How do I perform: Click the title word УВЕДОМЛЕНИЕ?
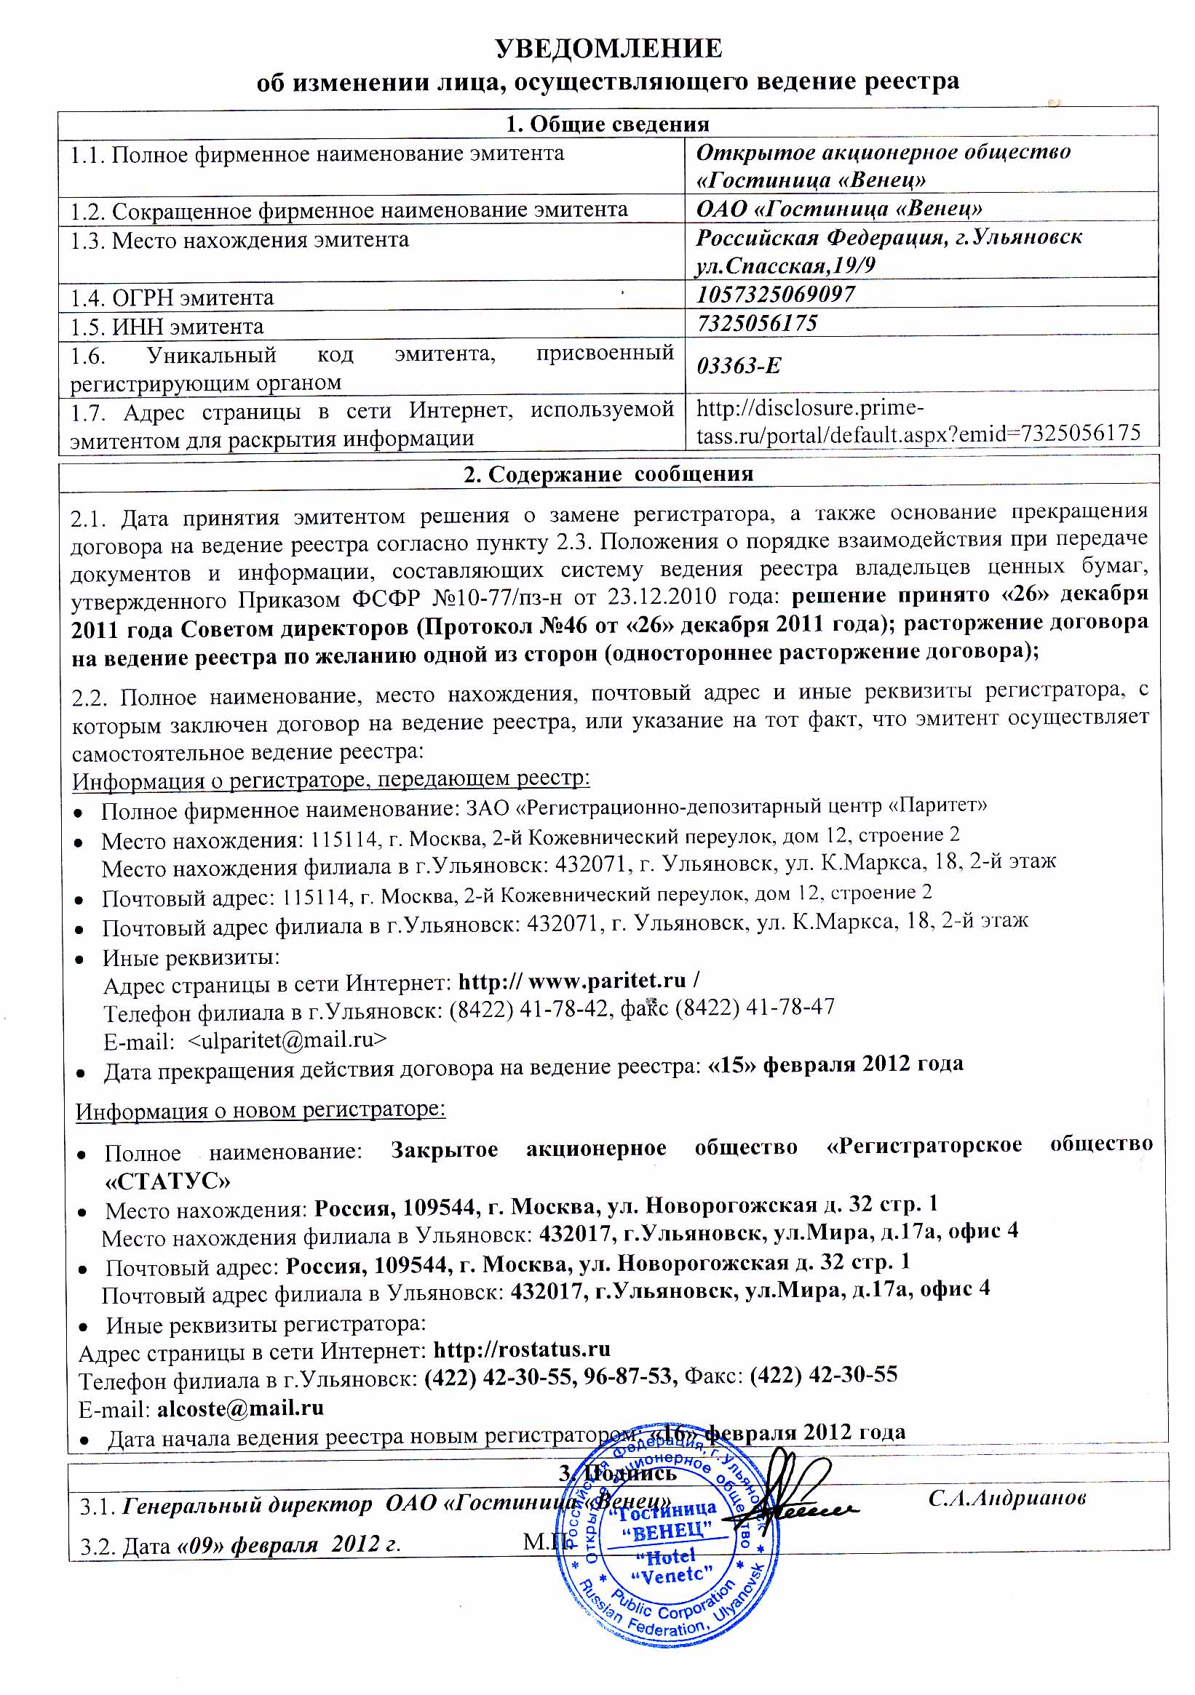click(608, 49)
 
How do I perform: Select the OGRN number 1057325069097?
click(776, 295)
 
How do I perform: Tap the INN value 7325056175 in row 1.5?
click(757, 323)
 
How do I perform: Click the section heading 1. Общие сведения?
click(607, 124)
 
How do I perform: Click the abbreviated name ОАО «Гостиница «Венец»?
click(839, 209)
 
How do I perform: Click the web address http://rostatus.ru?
click(521, 1349)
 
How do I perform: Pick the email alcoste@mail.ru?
click(241, 1407)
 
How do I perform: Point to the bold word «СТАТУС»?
click(167, 1182)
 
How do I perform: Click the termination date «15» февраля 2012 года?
click(835, 1064)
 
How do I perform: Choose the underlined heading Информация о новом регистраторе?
click(260, 1109)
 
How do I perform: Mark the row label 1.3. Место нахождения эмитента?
click(239, 240)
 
